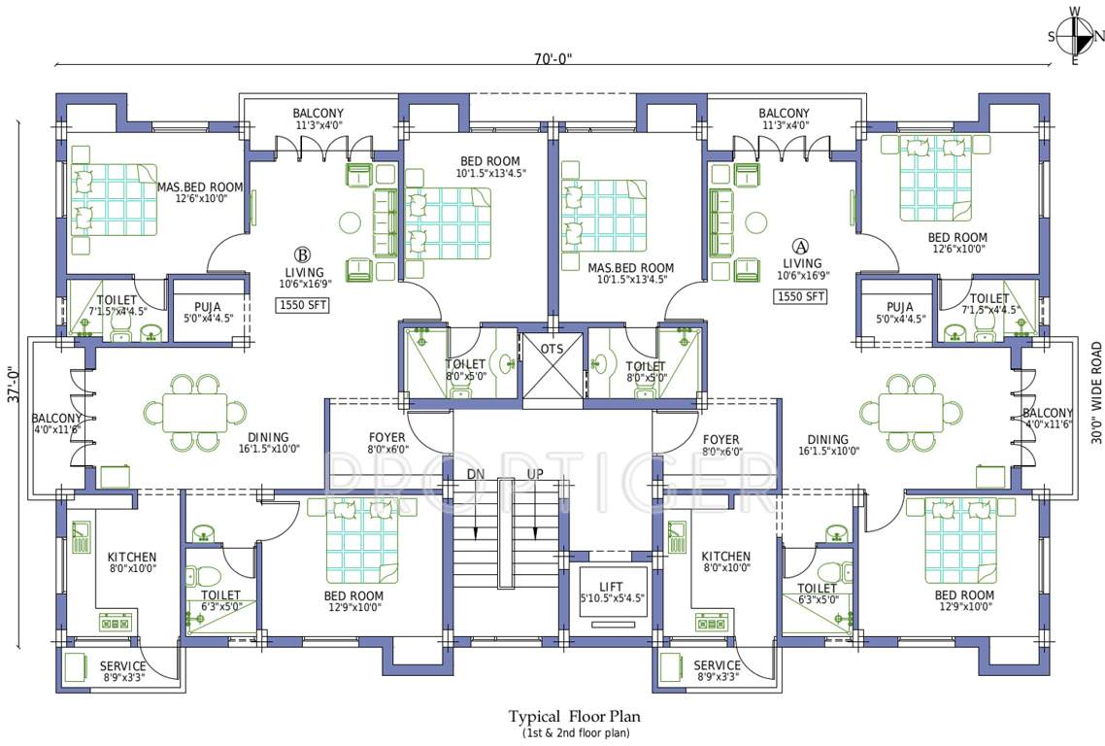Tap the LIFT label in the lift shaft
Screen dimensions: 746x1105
(x=611, y=587)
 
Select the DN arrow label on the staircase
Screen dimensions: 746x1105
(x=475, y=474)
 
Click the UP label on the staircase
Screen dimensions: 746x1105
(x=535, y=474)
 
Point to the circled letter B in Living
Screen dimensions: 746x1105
(x=302, y=254)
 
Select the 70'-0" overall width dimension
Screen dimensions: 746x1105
(x=553, y=59)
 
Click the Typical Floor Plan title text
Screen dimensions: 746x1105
(x=574, y=717)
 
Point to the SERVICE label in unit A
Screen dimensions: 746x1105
(x=717, y=665)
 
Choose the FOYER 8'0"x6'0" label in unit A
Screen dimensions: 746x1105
(x=720, y=445)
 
